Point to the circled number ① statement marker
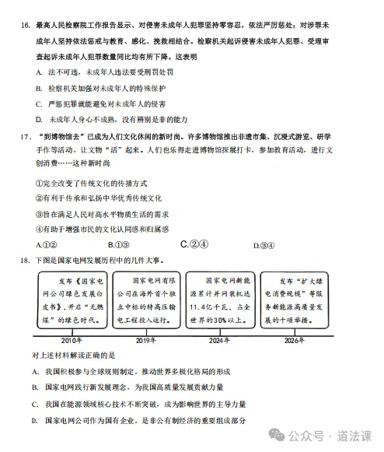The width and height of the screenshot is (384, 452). click(x=40, y=183)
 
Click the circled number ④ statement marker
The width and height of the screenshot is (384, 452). click(x=40, y=230)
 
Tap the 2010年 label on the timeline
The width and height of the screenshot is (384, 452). click(x=71, y=341)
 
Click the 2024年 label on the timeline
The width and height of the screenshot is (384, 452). click(x=220, y=341)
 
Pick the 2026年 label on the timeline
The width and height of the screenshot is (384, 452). click(x=294, y=341)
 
